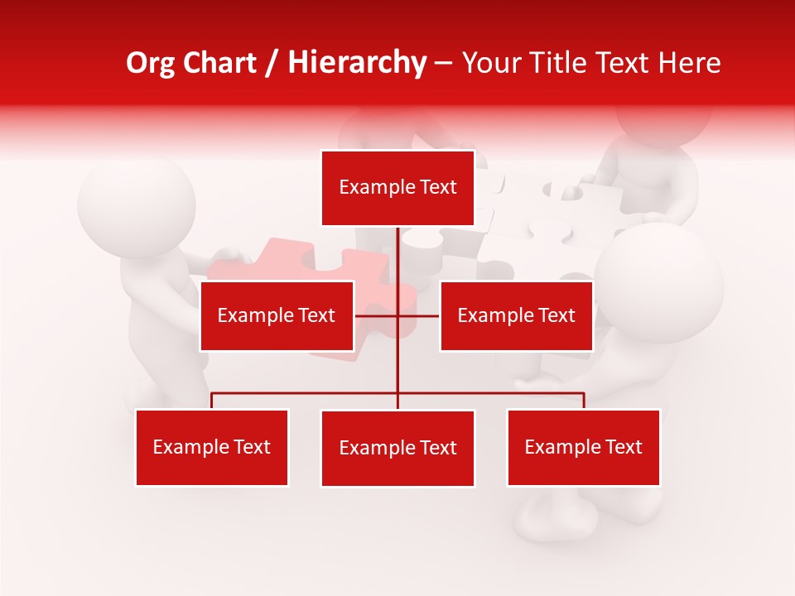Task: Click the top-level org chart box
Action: (397, 188)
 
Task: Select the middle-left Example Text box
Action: (277, 315)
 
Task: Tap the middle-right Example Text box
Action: (516, 315)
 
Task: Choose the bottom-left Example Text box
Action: (212, 447)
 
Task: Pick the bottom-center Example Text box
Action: (397, 448)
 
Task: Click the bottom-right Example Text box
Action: (583, 447)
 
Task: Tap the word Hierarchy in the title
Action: (357, 63)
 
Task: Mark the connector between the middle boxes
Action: (397, 315)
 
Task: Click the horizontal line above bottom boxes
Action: (306, 394)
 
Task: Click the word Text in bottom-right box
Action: (623, 447)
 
